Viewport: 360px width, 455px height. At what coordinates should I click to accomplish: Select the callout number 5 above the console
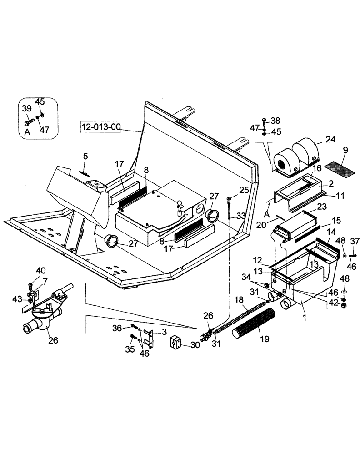click(85, 157)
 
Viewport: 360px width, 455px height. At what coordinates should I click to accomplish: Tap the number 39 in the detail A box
click(27, 108)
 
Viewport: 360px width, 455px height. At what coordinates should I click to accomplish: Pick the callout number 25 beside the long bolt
click(244, 189)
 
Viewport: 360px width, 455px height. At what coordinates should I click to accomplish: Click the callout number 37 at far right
click(354, 241)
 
